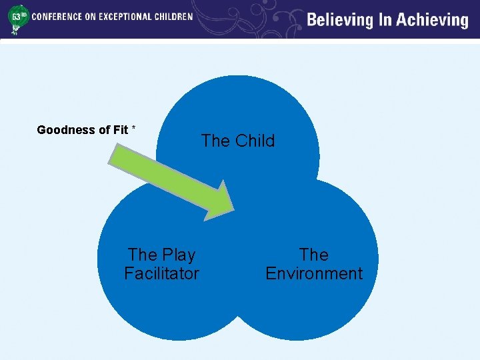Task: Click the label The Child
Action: point(238,141)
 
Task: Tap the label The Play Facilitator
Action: point(161,264)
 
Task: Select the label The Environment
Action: point(314,264)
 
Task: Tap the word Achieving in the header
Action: point(433,20)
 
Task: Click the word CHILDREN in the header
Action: point(171,17)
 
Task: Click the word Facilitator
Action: point(161,273)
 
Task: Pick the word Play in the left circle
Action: point(179,255)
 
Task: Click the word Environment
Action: point(314,273)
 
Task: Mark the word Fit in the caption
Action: point(121,130)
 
